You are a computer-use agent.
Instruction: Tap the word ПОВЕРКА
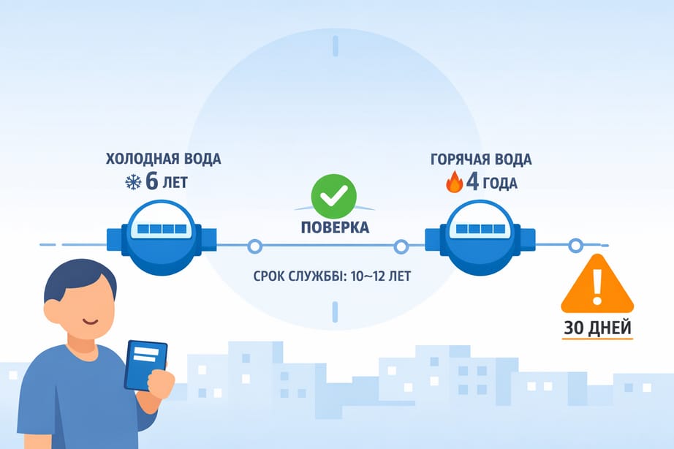(x=335, y=227)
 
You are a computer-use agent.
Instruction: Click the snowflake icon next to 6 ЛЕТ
(x=133, y=181)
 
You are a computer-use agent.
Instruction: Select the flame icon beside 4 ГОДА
(x=454, y=182)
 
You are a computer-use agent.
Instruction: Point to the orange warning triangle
(x=597, y=284)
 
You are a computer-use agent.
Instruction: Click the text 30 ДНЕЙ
(x=597, y=328)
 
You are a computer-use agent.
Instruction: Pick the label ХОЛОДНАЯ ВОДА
(x=163, y=159)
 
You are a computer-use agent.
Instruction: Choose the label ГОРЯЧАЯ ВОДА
(x=482, y=159)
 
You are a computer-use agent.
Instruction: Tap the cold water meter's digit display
(x=162, y=229)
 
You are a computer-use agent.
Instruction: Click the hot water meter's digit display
(x=482, y=229)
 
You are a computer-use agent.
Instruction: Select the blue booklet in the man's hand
(x=145, y=364)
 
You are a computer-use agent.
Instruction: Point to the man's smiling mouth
(x=88, y=321)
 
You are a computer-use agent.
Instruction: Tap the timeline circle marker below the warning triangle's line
(x=575, y=246)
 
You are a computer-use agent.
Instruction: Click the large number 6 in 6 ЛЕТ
(x=152, y=181)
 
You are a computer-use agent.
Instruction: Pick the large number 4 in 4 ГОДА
(x=472, y=181)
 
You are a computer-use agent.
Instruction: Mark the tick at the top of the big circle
(x=336, y=46)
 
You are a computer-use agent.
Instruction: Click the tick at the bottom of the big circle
(x=336, y=312)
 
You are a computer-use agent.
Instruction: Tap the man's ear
(x=52, y=311)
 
